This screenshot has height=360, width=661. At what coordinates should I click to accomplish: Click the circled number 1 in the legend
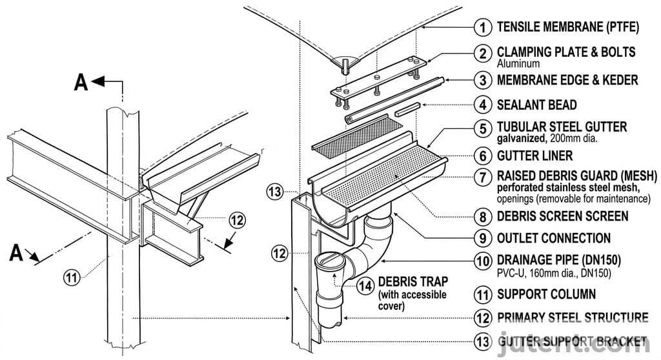[482, 27]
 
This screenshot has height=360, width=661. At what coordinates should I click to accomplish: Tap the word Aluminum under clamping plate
[518, 64]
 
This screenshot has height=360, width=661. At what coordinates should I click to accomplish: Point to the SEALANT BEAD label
[536, 105]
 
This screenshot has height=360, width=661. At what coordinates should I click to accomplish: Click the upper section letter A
[81, 82]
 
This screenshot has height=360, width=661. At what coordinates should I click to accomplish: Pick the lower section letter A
[17, 253]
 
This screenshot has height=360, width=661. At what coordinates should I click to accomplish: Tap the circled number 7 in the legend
[482, 177]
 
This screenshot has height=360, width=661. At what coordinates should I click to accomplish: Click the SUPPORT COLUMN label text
[546, 295]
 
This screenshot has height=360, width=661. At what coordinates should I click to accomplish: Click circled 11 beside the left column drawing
[72, 278]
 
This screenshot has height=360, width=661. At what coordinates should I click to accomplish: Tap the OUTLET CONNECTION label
[553, 238]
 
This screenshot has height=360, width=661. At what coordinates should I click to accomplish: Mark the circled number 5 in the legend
[482, 128]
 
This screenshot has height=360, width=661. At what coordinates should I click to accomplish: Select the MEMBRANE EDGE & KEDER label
[567, 80]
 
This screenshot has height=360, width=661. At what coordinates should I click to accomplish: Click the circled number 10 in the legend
[482, 262]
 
